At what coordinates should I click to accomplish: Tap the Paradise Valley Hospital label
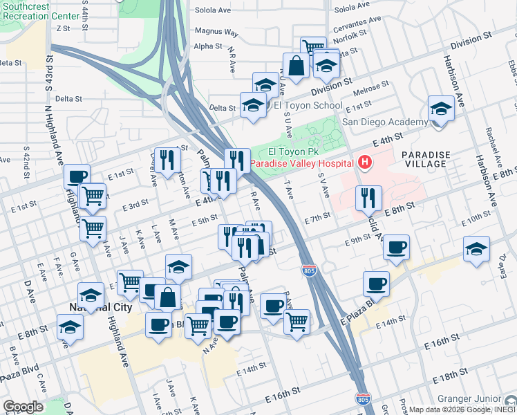pyautogui.click(x=303, y=163)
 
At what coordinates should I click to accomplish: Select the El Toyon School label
pyautogui.click(x=308, y=106)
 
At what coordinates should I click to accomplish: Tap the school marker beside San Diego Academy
pyautogui.click(x=440, y=109)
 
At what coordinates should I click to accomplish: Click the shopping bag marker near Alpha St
pyautogui.click(x=295, y=66)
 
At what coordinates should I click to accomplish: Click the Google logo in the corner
pyautogui.click(x=23, y=407)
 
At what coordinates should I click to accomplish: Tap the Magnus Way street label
pyautogui.click(x=216, y=32)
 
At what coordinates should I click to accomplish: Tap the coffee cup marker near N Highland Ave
pyautogui.click(x=77, y=176)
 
